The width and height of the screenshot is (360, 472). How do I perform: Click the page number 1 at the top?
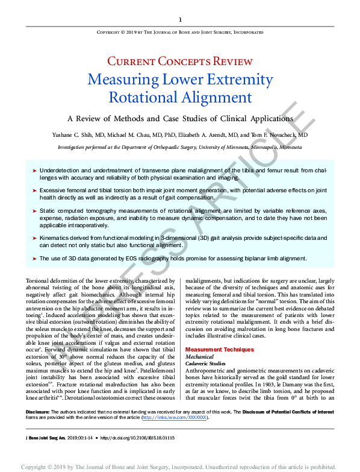180,20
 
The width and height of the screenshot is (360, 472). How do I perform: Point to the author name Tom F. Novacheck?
282,136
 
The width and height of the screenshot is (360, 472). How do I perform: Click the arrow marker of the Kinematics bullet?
34,239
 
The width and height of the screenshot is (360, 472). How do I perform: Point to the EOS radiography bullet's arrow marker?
34,259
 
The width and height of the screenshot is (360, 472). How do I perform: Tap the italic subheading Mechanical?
200,357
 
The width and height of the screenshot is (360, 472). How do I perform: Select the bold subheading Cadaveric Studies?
209,364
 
